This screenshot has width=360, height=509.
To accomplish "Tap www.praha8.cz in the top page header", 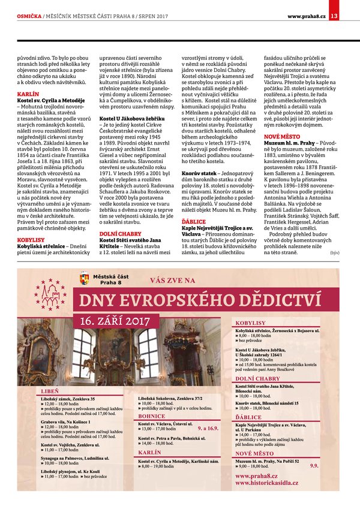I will click(x=307, y=16).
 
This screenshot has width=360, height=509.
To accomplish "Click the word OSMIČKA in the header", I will click(x=29, y=16).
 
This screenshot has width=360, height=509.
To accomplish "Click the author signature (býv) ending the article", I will click(x=335, y=252).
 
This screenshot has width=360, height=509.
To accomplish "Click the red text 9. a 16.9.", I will click(x=208, y=429).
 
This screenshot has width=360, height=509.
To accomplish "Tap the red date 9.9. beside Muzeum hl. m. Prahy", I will click(x=314, y=465).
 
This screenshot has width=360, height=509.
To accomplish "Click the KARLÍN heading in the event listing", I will click(x=149, y=451).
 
